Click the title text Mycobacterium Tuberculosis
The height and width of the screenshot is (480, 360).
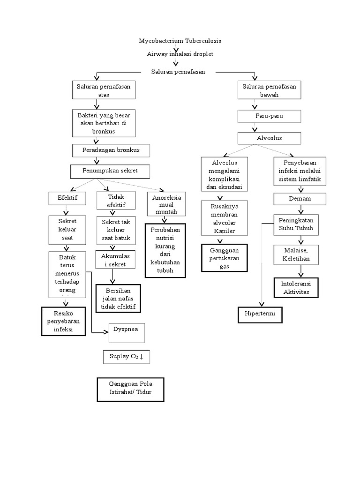pos(180,41)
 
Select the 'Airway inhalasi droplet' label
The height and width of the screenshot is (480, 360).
pos(180,54)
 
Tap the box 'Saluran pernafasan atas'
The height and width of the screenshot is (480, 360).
pos(104,90)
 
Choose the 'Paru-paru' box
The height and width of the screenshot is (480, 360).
pos(269,116)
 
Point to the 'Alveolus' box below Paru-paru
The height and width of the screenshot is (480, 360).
pos(269,138)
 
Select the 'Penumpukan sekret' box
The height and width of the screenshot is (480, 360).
pos(111,171)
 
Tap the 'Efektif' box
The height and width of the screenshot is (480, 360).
pos(67,198)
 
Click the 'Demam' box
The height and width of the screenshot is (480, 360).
pos(300,199)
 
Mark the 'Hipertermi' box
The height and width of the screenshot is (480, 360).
pos(260,314)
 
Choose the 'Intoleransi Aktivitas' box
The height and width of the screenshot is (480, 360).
pos(299,288)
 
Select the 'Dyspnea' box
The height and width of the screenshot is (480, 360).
pos(126,332)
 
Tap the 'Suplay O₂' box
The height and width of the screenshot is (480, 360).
pos(126,357)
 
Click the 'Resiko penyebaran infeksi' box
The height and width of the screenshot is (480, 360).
pos(63,321)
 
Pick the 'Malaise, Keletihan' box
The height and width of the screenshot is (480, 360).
pos(299,255)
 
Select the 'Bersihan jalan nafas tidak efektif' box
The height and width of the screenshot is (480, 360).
pos(118,298)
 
